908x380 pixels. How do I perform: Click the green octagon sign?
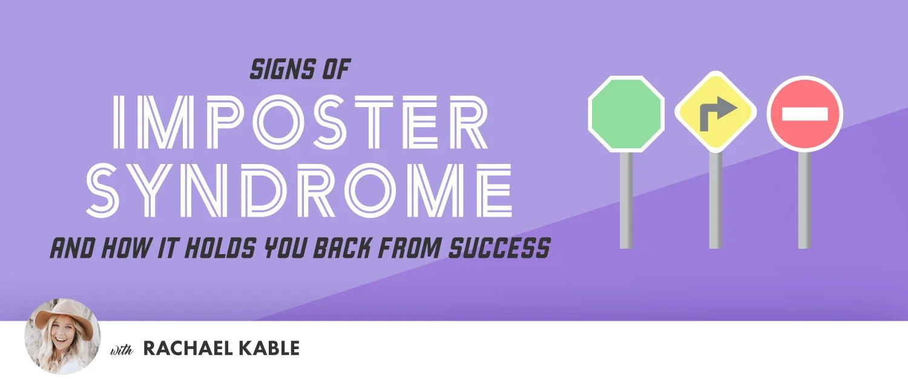(627, 114)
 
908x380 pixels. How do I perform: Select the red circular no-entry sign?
(804, 114)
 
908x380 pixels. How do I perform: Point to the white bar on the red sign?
(804, 114)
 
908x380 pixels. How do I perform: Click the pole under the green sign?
(627, 200)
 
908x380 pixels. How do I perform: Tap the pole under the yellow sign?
(716, 200)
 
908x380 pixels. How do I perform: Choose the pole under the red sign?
(804, 200)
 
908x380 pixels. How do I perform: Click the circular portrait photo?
(62, 336)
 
